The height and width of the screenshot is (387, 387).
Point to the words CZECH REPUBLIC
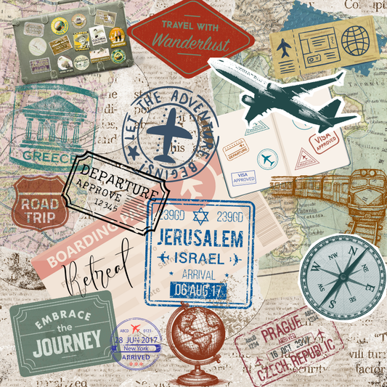coord(293,361)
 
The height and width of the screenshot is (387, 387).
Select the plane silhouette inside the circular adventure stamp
coord(172,129)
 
